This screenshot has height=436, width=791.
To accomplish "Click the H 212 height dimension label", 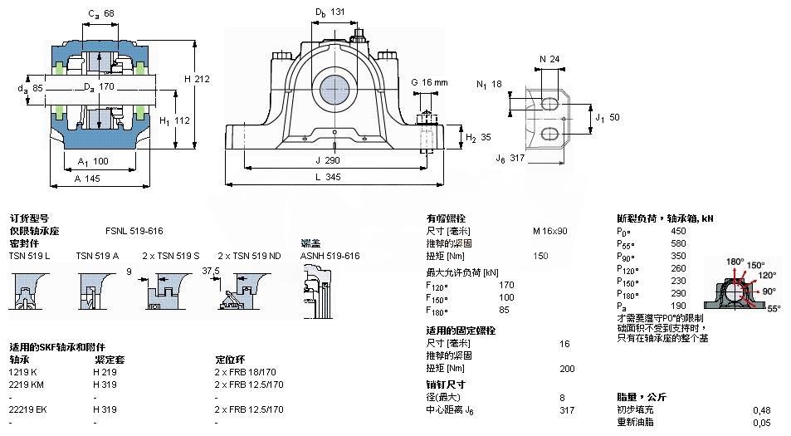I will click(x=197, y=79).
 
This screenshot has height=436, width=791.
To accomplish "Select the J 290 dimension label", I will click(x=330, y=159).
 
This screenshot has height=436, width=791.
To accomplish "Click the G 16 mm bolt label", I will click(x=429, y=82).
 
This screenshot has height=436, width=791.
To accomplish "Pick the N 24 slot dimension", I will click(x=549, y=59).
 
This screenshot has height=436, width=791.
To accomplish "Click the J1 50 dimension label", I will click(x=608, y=118).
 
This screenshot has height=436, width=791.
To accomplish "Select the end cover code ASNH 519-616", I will click(x=330, y=256).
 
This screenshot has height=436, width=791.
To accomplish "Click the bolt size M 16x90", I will click(x=550, y=231).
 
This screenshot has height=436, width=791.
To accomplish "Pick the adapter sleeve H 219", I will click(x=104, y=372).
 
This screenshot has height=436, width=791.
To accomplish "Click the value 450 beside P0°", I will click(x=678, y=231).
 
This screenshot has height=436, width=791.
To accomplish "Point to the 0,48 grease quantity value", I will click(x=760, y=409).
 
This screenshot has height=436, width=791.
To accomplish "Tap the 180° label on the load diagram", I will click(x=735, y=262).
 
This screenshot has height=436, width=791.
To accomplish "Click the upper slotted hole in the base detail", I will click(x=549, y=103).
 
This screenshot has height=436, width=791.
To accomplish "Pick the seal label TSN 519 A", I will click(x=97, y=256).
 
